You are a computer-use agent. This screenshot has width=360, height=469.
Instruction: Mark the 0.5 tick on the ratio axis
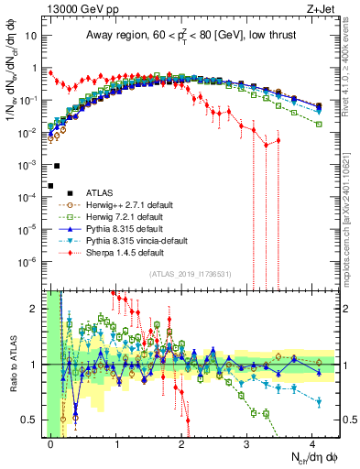[33, 420]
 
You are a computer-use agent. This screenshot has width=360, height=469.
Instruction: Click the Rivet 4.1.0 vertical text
[352, 64]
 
